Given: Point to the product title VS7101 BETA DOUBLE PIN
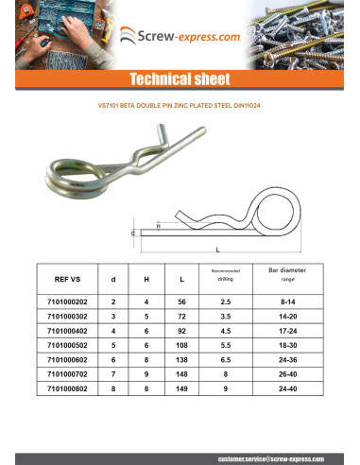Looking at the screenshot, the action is [x=180, y=106].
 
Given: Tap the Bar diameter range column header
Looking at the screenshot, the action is [x=282, y=275].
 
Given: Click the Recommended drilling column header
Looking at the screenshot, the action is [x=224, y=275].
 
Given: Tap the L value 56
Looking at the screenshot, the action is [x=181, y=301].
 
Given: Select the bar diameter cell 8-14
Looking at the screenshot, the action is [x=282, y=301].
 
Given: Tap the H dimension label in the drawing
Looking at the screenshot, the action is [x=158, y=225].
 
